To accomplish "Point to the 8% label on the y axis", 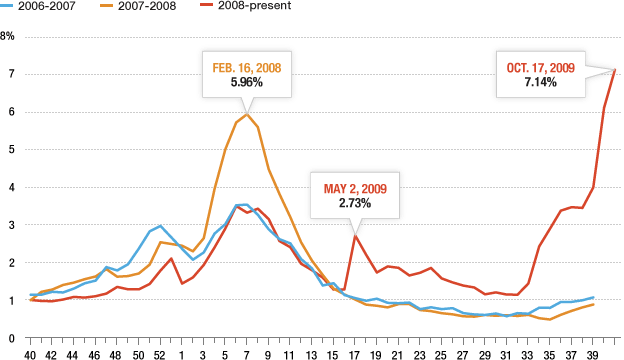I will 8,36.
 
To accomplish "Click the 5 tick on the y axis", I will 11,150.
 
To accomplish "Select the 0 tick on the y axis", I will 11,338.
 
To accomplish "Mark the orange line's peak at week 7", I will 246,114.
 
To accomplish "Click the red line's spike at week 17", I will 354,236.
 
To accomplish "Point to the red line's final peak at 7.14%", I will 615,69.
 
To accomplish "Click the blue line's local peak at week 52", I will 160,226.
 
